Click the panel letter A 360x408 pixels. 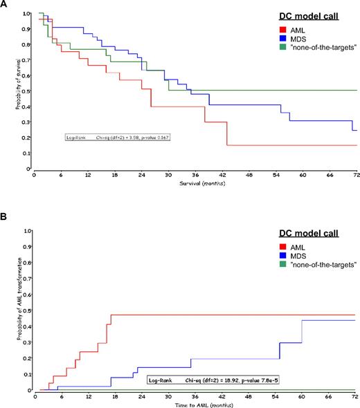tap(6, 5)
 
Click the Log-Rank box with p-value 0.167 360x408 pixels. tap(117, 138)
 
